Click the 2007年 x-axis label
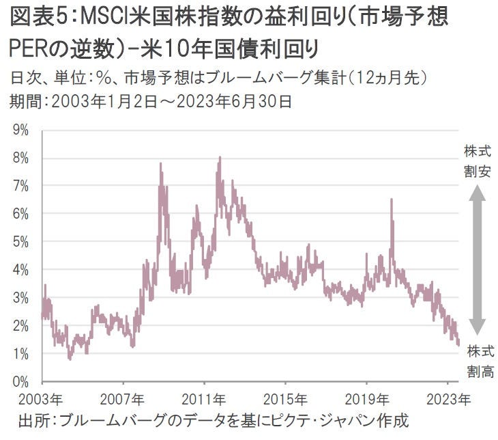pyautogui.click(x=123, y=399)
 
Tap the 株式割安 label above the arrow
pyautogui.click(x=477, y=161)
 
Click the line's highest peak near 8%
pyautogui.click(x=219, y=158)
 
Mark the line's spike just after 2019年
pyautogui.click(x=392, y=200)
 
